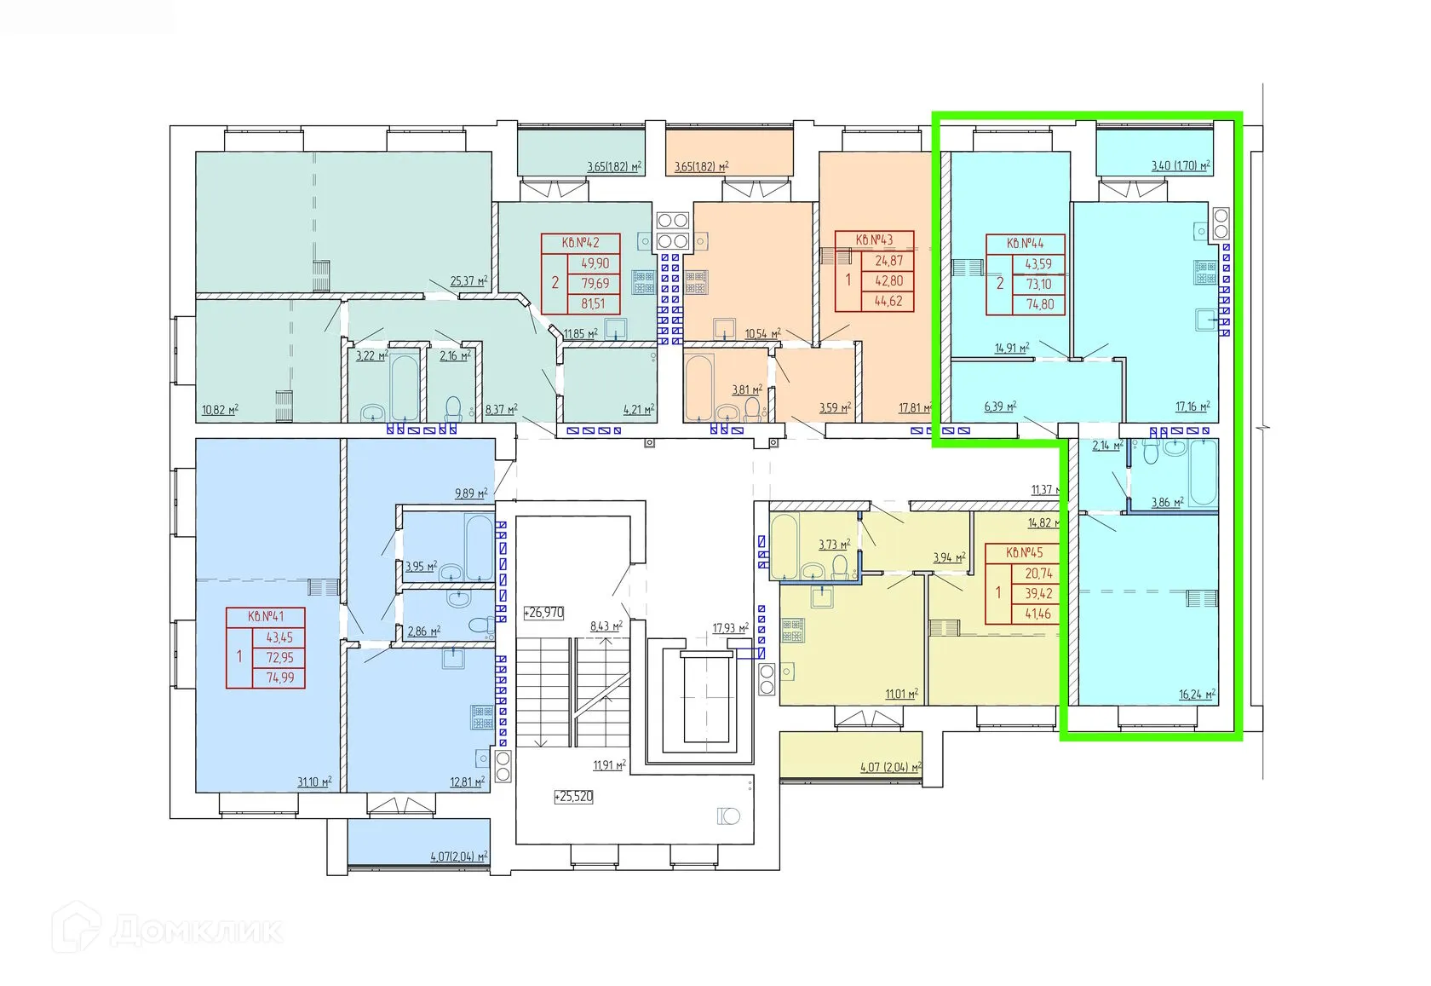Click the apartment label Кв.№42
pos(580,243)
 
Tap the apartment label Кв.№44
pos(1025,244)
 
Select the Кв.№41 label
pos(265,617)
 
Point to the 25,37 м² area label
pos(468,281)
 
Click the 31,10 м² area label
pos(313,781)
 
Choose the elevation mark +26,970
pos(543,612)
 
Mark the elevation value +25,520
pos(573,797)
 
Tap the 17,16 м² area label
pos(1192,407)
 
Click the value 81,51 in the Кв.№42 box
pos(595,303)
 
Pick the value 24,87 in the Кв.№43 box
pos(888,260)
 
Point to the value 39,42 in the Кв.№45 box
pos(1038,594)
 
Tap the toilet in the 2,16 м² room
pos(453,407)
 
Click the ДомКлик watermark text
pos(197,931)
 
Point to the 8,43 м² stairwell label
pos(606,627)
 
